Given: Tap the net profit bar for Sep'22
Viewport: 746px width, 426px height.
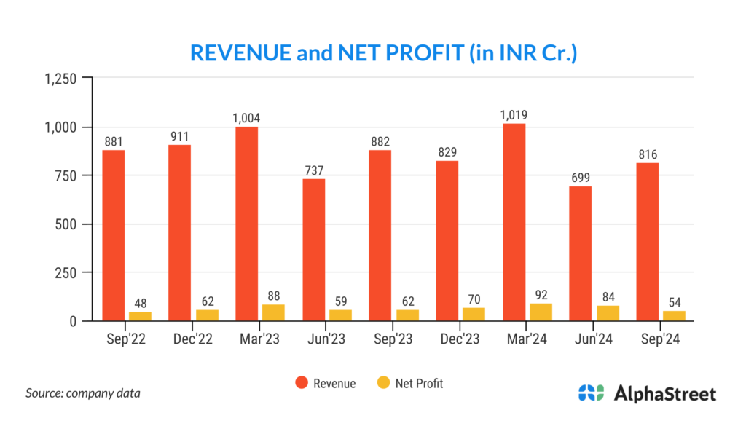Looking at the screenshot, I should pyautogui.click(x=140, y=316).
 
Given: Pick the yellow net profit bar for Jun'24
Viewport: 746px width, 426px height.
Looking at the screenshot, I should pyautogui.click(x=608, y=313).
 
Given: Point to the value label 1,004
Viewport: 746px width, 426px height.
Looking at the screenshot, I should pyautogui.click(x=246, y=118).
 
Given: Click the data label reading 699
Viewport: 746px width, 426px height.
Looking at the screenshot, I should pyautogui.click(x=580, y=178).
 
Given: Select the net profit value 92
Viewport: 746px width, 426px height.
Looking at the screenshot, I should pyautogui.click(x=541, y=296).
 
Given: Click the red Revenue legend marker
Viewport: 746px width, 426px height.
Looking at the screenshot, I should pyautogui.click(x=300, y=383).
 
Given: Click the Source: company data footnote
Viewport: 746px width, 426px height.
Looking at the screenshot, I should pyautogui.click(x=83, y=393).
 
